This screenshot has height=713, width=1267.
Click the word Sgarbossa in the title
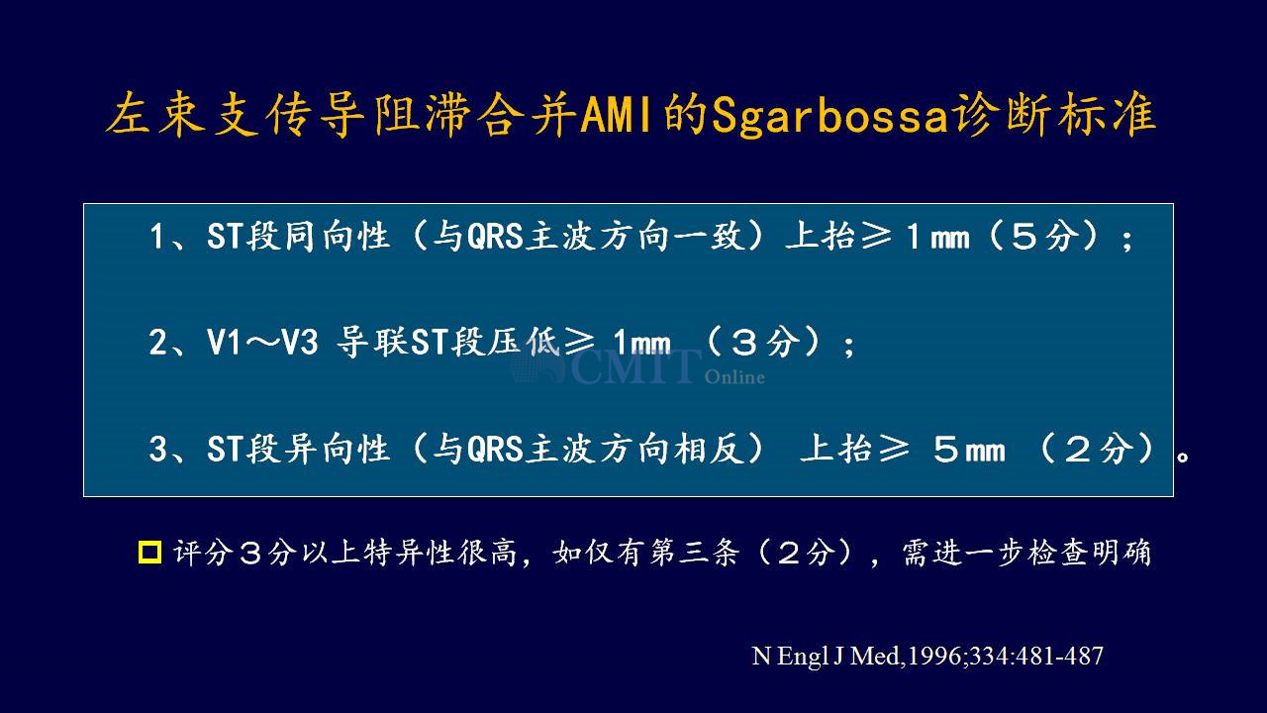(829, 116)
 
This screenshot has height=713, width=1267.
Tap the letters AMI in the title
(616, 115)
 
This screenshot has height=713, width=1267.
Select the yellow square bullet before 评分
(149, 552)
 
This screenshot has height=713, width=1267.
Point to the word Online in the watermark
(734, 376)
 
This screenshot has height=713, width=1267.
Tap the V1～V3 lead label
(262, 342)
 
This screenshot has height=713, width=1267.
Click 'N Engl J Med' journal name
(826, 657)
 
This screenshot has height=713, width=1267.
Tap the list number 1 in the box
(156, 236)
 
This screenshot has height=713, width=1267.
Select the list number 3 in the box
(156, 449)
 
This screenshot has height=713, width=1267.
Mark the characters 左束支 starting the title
(183, 115)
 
